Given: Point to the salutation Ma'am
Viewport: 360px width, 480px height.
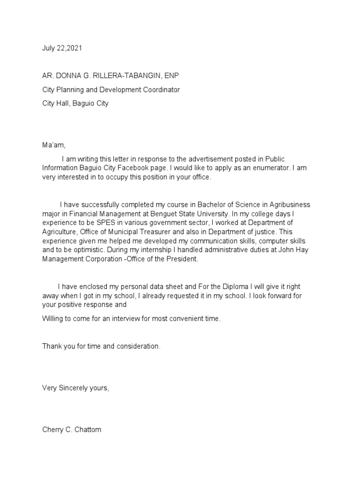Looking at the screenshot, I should (x=53, y=146).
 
